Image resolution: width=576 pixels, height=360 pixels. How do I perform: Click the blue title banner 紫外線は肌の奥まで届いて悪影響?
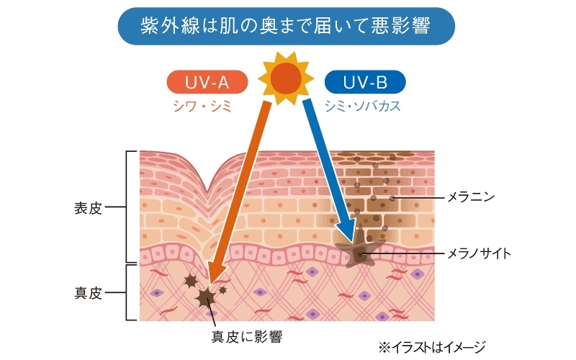pyautogui.click(x=286, y=26)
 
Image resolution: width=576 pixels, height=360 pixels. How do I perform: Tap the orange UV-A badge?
pyautogui.click(x=207, y=82)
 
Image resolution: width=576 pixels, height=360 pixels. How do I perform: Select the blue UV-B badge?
pyautogui.click(x=365, y=82)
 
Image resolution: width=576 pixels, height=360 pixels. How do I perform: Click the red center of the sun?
pyautogui.click(x=286, y=78)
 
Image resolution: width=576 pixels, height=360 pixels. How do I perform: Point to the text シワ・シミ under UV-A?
pyautogui.click(x=202, y=107)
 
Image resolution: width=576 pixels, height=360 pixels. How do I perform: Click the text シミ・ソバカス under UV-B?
pyautogui.click(x=362, y=107)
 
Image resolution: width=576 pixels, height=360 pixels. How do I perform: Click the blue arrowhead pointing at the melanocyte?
pyautogui.click(x=347, y=232)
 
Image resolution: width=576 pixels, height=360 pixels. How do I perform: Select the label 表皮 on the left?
pyautogui.click(x=88, y=208)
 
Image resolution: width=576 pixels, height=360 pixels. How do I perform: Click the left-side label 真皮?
pyautogui.click(x=88, y=293)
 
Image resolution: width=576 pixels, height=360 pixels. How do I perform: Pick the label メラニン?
pyautogui.click(x=471, y=197)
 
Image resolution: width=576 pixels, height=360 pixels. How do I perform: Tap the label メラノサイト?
pyautogui.click(x=479, y=253)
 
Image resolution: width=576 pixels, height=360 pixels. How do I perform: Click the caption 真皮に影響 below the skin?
pyautogui.click(x=247, y=336)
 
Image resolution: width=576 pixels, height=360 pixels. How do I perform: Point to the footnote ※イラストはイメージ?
pyautogui.click(x=432, y=347)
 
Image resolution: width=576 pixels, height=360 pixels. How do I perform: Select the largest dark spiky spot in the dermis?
pyautogui.click(x=206, y=297)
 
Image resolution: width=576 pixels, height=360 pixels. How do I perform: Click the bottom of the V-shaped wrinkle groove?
pyautogui.click(x=207, y=191)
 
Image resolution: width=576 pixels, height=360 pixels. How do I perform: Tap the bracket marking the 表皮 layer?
pyautogui.click(x=127, y=207)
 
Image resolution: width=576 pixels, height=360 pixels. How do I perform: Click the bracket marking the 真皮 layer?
pyautogui.click(x=127, y=293)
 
